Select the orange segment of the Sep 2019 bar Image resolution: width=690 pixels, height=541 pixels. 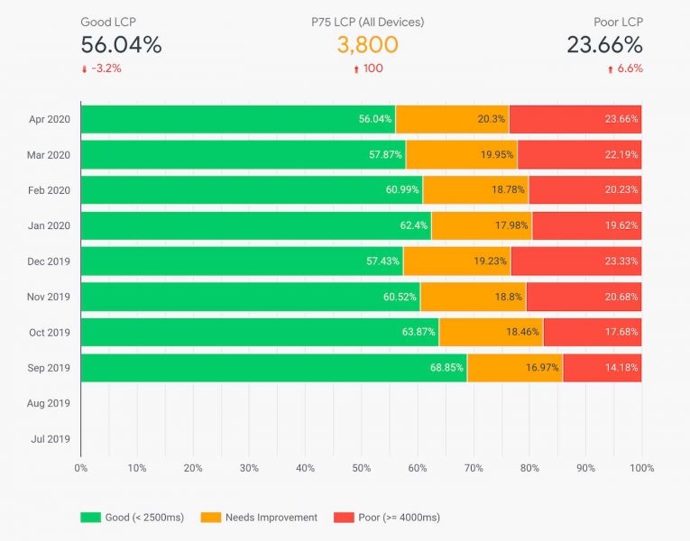pos(514,367)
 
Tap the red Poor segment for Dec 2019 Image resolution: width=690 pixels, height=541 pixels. pos(575,261)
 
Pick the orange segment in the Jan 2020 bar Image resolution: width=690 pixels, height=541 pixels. pos(481,225)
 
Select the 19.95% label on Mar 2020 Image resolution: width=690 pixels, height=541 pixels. pos(497,154)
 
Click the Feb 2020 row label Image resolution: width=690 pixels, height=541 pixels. pos(49,189)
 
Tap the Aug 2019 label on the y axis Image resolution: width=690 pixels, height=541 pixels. pos(49,403)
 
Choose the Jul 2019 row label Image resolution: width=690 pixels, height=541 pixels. pos(50,438)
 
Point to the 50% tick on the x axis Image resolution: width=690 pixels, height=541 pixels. pos(361,468)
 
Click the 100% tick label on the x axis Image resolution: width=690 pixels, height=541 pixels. pos(641,468)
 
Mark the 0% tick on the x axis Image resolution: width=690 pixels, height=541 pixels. pos(81,468)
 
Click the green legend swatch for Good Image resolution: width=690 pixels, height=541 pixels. pos(90,518)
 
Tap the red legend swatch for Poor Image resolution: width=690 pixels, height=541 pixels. pos(344,518)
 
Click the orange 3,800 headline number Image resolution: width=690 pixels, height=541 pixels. pos(367,45)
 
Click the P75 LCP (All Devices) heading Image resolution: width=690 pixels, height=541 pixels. pos(367,22)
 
